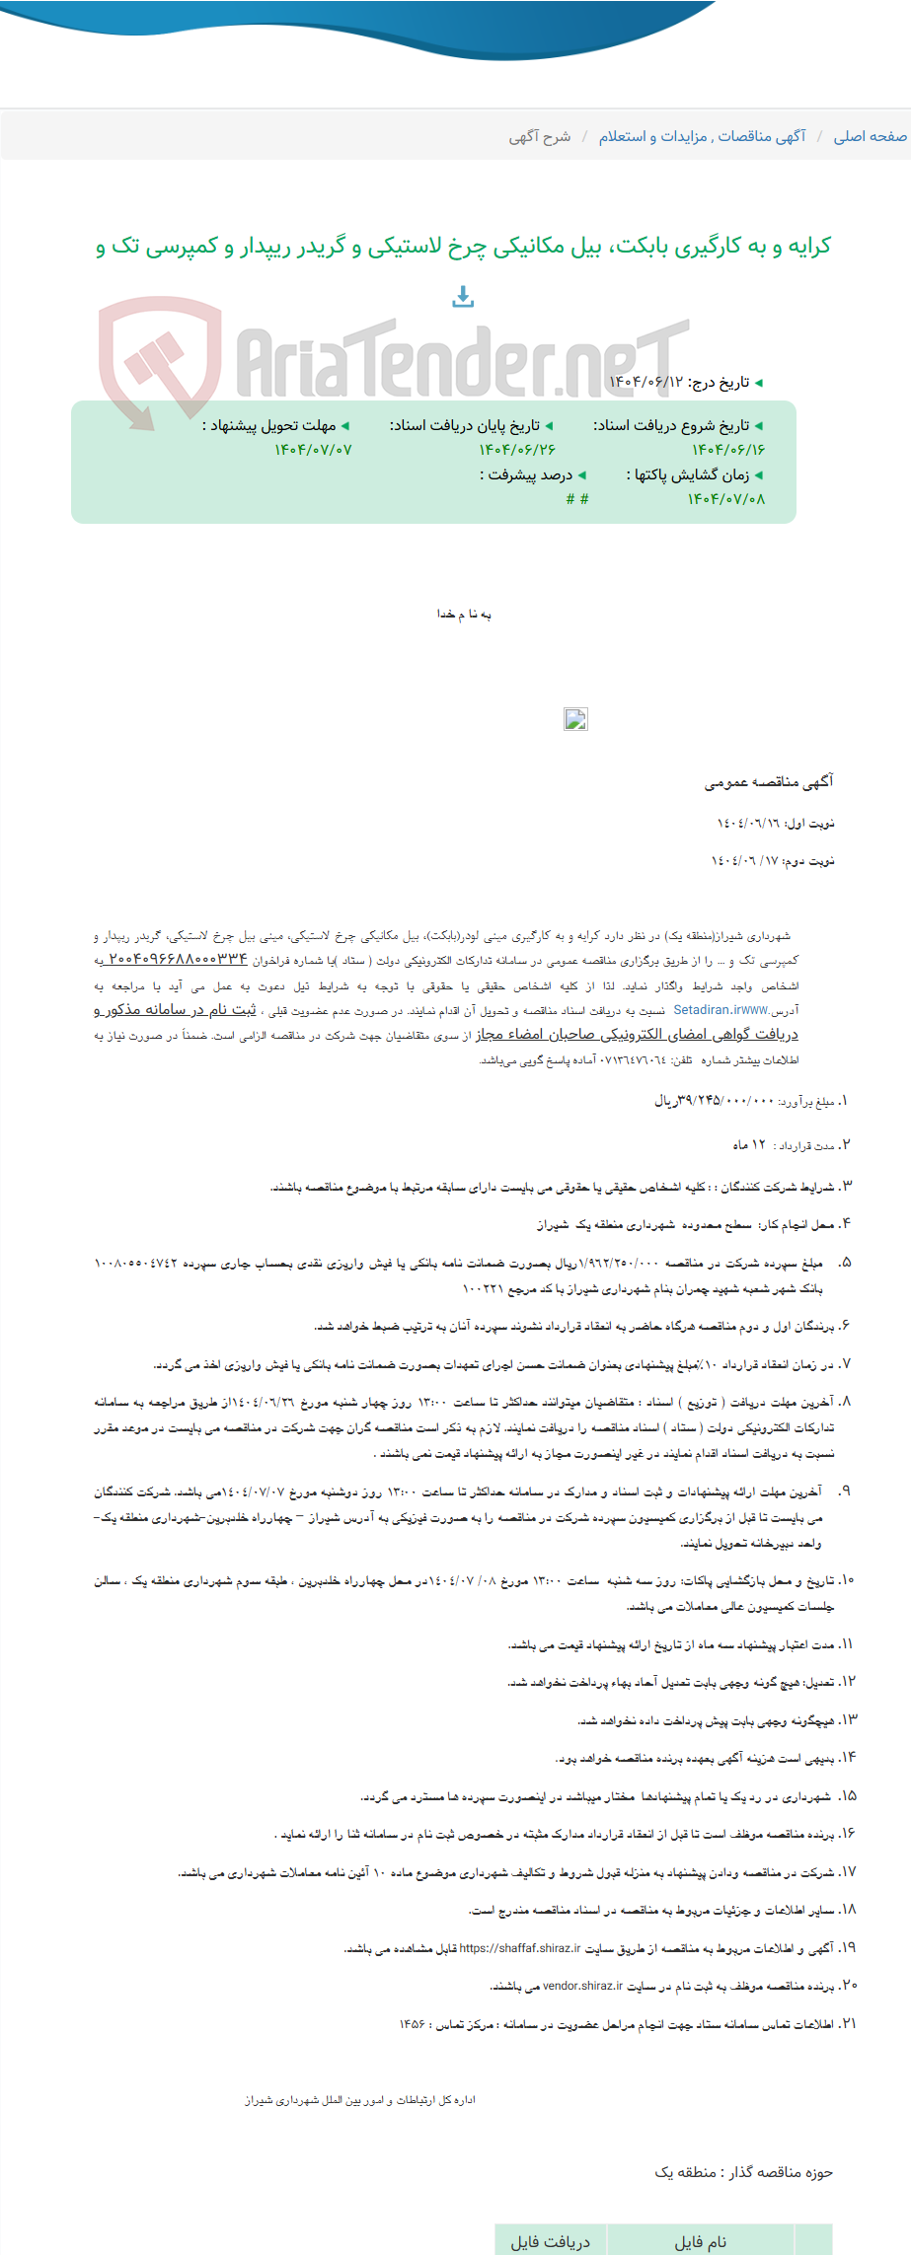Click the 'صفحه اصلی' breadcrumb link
(x=870, y=136)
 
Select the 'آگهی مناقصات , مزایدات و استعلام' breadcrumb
(x=702, y=136)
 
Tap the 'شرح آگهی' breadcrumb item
(x=540, y=136)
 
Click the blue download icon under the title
(x=463, y=296)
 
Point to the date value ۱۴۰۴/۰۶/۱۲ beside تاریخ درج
(x=645, y=382)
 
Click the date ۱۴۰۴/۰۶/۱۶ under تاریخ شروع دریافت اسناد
(x=728, y=450)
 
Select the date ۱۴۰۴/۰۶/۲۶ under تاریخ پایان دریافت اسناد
(x=518, y=450)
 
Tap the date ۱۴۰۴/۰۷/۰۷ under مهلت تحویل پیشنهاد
(x=313, y=450)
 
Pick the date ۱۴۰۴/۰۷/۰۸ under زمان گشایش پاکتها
(x=726, y=499)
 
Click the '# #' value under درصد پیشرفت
(x=577, y=499)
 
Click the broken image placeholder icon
(x=575, y=719)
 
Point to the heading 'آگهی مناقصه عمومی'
(x=769, y=782)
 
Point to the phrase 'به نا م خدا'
(x=464, y=615)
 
